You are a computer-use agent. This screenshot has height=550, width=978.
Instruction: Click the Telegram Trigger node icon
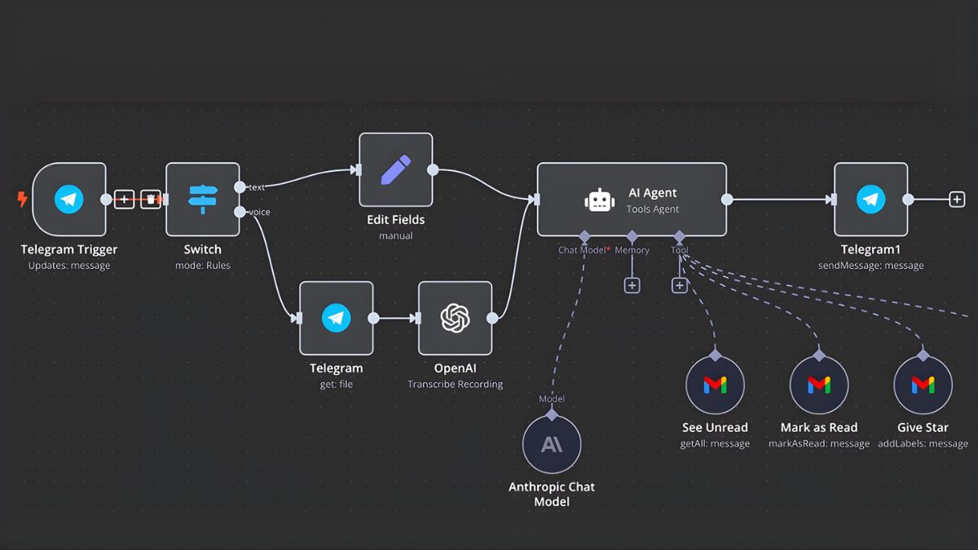pyautogui.click(x=69, y=199)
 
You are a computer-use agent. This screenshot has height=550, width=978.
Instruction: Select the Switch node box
pyautogui.click(x=202, y=199)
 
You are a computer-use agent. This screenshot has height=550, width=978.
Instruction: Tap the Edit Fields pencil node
pyautogui.click(x=395, y=169)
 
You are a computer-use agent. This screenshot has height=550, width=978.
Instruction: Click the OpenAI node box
pyautogui.click(x=455, y=318)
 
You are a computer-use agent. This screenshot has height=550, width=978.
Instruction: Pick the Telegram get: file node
pyautogui.click(x=336, y=318)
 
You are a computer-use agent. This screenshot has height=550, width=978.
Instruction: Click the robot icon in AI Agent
pyautogui.click(x=600, y=200)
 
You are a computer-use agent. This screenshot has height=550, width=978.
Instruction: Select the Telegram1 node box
pyautogui.click(x=870, y=199)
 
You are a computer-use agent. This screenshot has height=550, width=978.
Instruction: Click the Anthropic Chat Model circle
pyautogui.click(x=552, y=444)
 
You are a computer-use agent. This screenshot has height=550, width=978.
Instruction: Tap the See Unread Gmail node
pyautogui.click(x=715, y=385)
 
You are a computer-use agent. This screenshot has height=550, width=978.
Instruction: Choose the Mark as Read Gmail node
pyautogui.click(x=819, y=385)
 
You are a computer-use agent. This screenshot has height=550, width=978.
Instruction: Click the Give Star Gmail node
pyautogui.click(x=923, y=385)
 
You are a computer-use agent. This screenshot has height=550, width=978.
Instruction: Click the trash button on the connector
pyautogui.click(x=151, y=199)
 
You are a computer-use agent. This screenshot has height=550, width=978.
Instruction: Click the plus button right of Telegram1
pyautogui.click(x=957, y=199)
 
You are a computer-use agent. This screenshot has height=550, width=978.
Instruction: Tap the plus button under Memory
pyautogui.click(x=632, y=285)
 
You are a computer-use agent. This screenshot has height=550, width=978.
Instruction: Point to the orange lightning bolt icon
pyautogui.click(x=22, y=199)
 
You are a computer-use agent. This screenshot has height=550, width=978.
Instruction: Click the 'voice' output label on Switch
pyautogui.click(x=259, y=213)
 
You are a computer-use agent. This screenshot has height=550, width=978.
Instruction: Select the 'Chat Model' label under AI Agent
pyautogui.click(x=581, y=250)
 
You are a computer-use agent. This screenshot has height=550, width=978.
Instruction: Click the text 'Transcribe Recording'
pyautogui.click(x=455, y=384)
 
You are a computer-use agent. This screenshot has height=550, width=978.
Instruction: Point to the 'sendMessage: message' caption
pyautogui.click(x=870, y=266)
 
